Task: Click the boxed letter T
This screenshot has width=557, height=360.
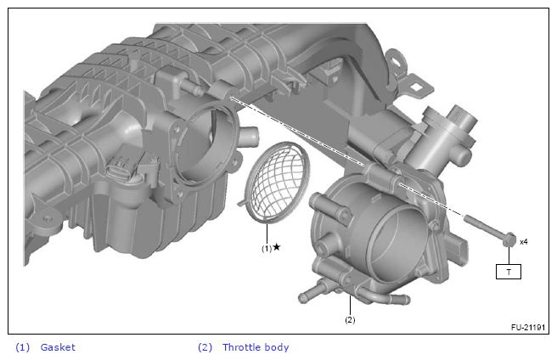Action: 509,272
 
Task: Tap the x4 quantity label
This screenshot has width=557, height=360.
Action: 524,242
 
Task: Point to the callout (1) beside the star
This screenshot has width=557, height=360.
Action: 267,249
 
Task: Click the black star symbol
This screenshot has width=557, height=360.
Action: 277,246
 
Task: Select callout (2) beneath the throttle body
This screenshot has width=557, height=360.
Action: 350,319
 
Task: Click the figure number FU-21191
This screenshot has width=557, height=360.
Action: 528,327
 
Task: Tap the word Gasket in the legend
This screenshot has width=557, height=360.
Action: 58,347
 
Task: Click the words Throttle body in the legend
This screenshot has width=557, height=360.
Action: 256,347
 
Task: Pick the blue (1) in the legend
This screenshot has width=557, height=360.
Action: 22,347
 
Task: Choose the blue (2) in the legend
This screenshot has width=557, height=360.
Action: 205,347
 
